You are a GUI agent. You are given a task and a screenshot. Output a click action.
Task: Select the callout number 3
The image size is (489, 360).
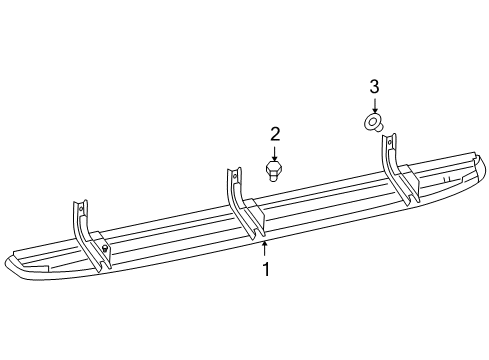coord(373,87)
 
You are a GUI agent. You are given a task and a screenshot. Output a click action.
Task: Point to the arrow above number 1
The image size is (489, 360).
coord(265,248)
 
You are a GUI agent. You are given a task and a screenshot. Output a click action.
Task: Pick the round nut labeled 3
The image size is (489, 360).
coord(373,123)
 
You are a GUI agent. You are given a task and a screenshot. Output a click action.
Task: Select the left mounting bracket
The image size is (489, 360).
coord(87,235)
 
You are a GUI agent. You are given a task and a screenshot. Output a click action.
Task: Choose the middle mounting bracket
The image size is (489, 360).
coord(244,205)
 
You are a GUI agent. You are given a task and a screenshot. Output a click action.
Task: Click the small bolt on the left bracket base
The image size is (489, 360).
coord(104,247)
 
